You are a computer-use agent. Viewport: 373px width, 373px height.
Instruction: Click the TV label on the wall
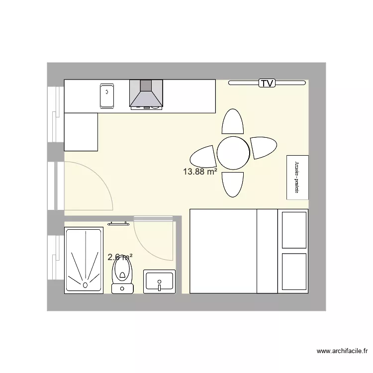pyautogui.click(x=267, y=83)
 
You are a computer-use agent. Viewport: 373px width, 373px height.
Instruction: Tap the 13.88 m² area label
pyautogui.click(x=200, y=172)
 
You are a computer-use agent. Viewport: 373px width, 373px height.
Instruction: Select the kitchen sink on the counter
pyautogui.click(x=107, y=95)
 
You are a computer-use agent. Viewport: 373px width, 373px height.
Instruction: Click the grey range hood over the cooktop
pyautogui.click(x=146, y=93)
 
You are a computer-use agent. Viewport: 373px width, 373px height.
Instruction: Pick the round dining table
pyautogui.click(x=233, y=153)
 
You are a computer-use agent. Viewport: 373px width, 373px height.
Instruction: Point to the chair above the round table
pyautogui.click(x=233, y=122)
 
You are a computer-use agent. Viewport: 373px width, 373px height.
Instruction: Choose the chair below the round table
pyautogui.click(x=233, y=184)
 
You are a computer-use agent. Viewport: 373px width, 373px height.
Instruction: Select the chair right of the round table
pyautogui.click(x=264, y=148)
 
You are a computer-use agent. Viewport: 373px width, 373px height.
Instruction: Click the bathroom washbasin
pyautogui.click(x=159, y=281)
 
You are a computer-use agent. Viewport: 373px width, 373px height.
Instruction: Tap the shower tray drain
pyautogui.click(x=85, y=285)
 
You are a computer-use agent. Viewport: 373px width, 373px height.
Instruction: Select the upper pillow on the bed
pyautogui.click(x=294, y=230)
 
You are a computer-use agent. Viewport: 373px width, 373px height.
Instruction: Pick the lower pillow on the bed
pyautogui.click(x=294, y=272)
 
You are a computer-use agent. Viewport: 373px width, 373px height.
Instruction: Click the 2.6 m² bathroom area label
pyautogui.click(x=120, y=257)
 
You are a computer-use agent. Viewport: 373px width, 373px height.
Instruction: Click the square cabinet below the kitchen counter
pyautogui.click(x=81, y=131)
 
